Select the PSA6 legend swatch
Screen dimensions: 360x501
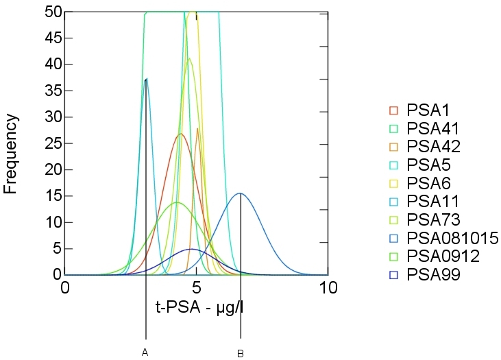[393, 183]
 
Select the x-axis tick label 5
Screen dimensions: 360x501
[197, 287]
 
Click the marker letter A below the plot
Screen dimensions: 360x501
[145, 352]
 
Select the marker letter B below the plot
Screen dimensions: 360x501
[241, 353]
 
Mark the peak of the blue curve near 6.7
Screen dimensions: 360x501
[239, 193]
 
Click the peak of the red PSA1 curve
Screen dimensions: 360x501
[180, 134]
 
